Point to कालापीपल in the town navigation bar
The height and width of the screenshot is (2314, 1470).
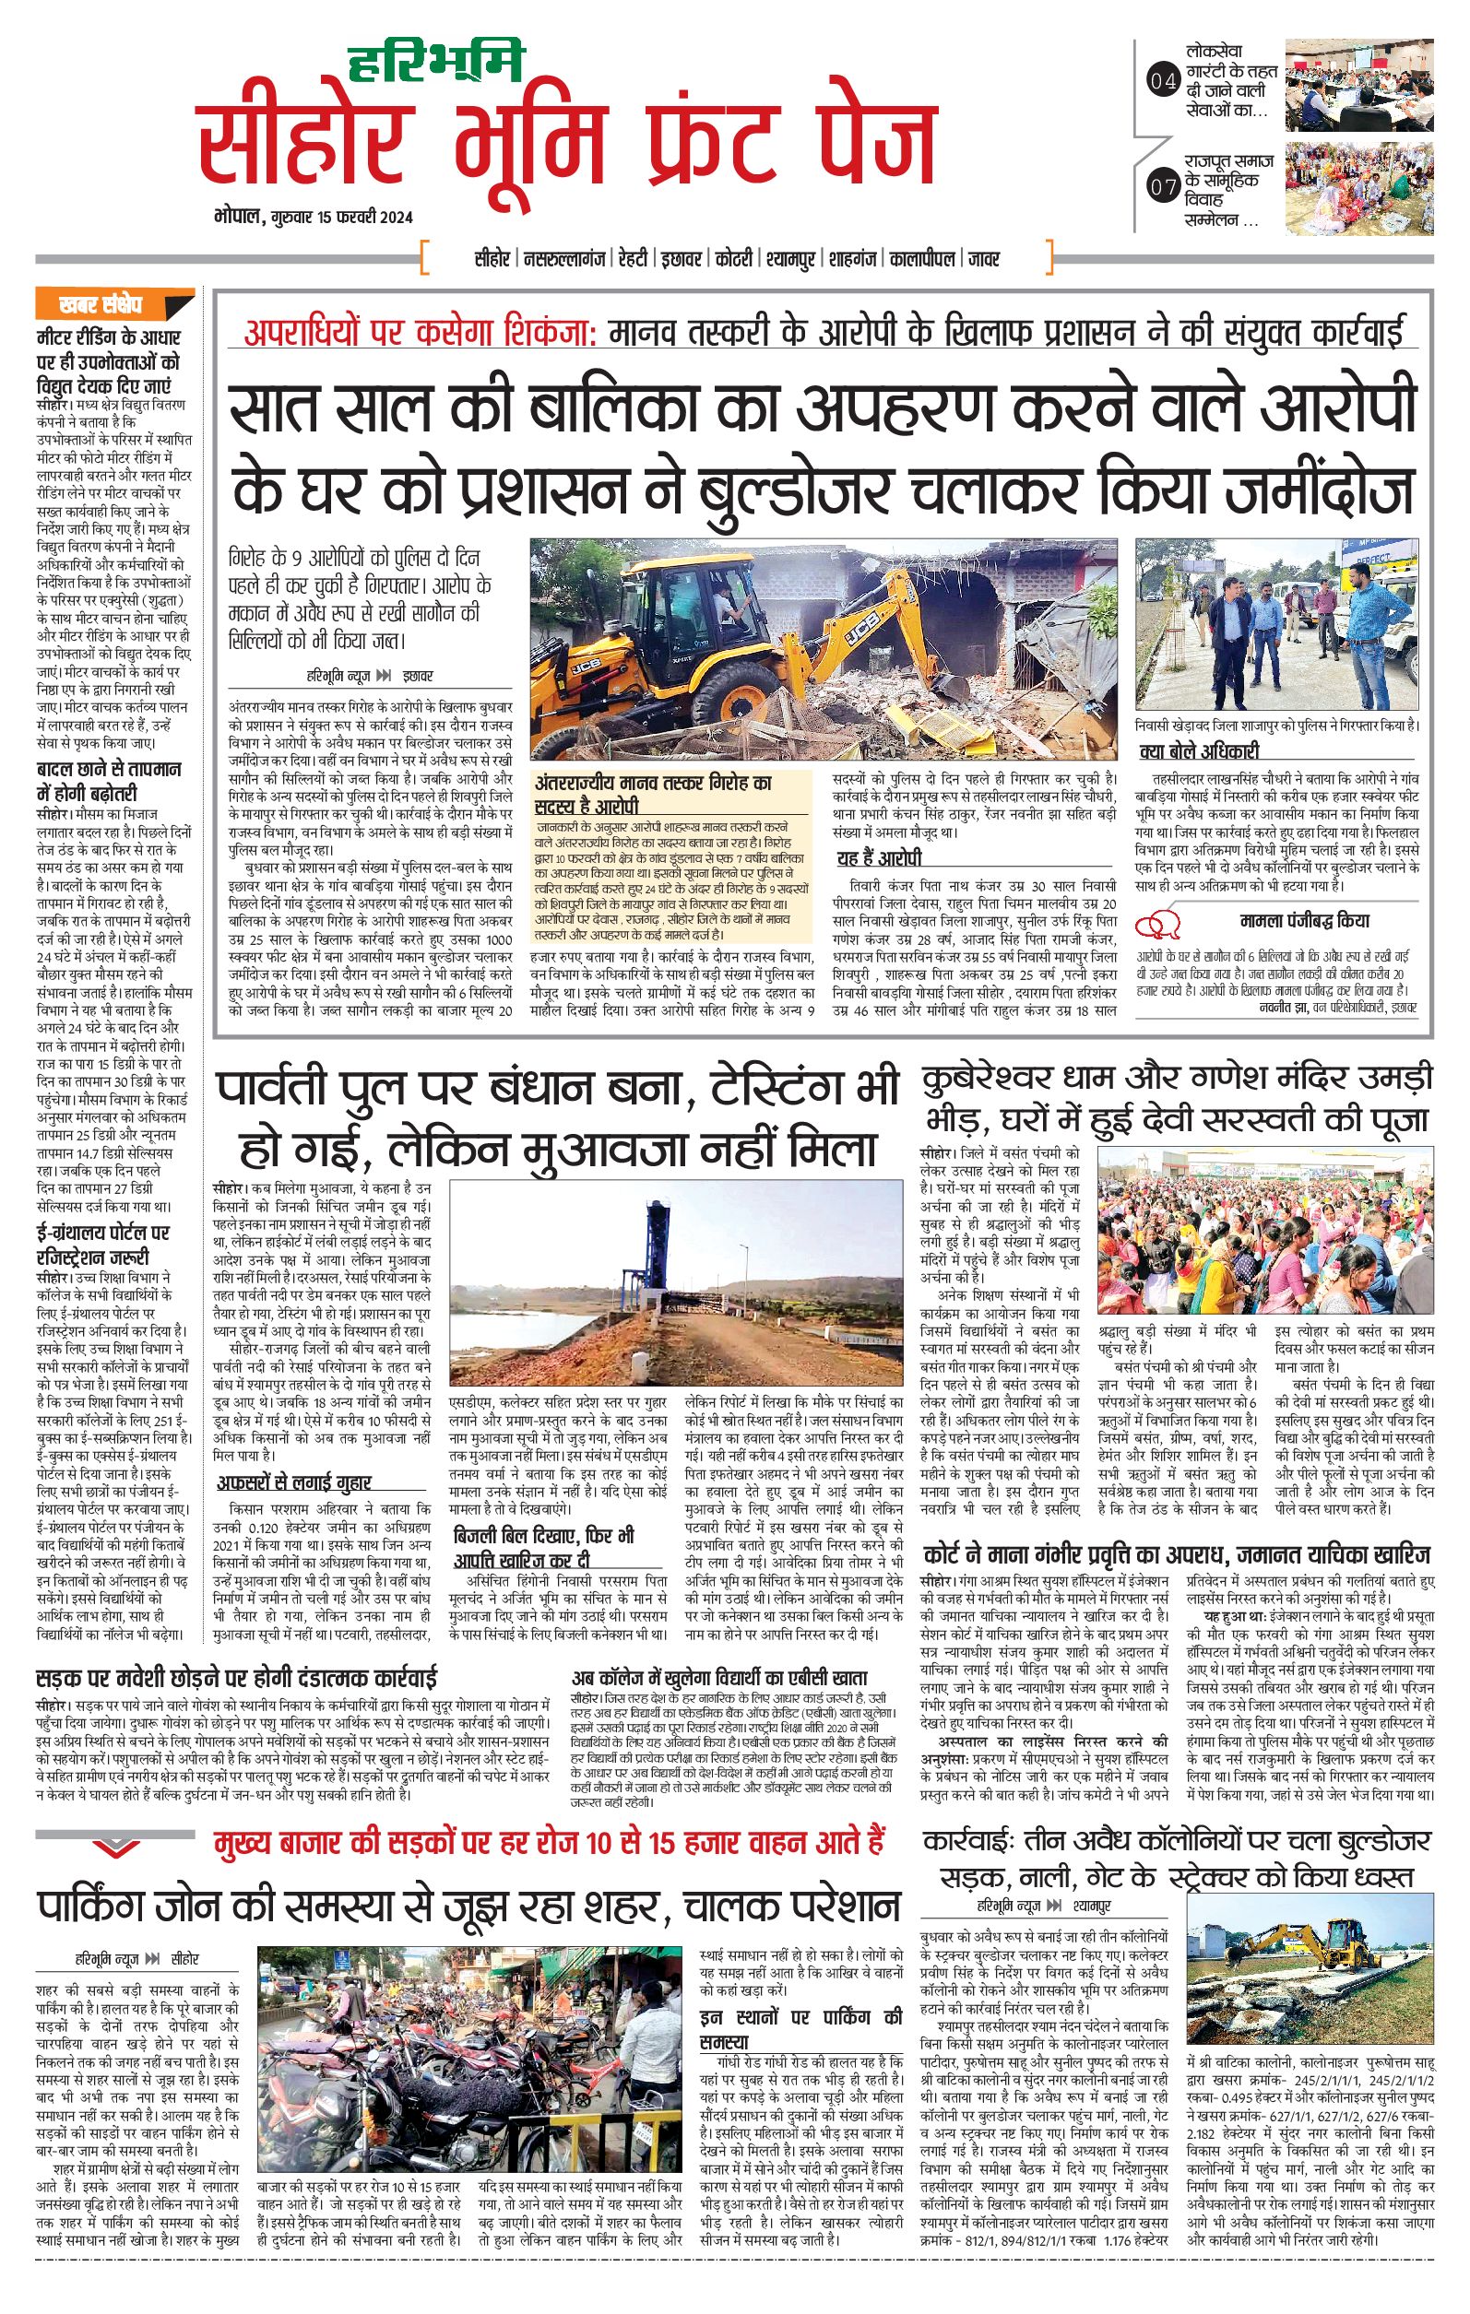[923, 258]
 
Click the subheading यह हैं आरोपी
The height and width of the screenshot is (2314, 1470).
[879, 858]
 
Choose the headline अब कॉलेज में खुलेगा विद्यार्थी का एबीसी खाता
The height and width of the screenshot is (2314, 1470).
[720, 1679]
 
